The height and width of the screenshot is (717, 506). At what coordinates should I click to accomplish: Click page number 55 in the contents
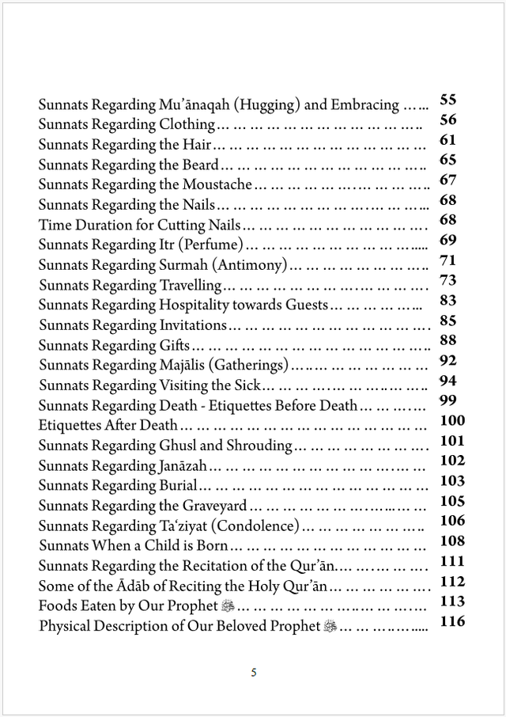(447, 100)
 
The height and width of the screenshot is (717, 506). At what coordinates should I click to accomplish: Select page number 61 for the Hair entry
(447, 140)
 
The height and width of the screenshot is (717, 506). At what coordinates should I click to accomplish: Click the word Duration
(103, 225)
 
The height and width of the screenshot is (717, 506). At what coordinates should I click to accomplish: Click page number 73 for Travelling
(447, 280)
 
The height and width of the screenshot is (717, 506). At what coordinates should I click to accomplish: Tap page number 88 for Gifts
(447, 340)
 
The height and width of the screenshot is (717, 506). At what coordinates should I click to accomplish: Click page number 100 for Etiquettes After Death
(452, 420)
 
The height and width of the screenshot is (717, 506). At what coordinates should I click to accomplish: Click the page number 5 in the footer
(253, 673)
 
